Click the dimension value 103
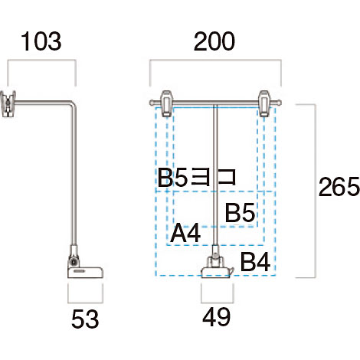pos(41,41)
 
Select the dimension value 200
pos(214,41)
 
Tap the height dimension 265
pos(339,187)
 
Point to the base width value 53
pos(85,319)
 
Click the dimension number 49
pos(217,317)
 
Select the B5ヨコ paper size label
pos(197,177)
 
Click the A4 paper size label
pos(185,234)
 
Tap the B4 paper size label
pos(255,262)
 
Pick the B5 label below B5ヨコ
pos(240,212)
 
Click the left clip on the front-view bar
pos(166,103)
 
